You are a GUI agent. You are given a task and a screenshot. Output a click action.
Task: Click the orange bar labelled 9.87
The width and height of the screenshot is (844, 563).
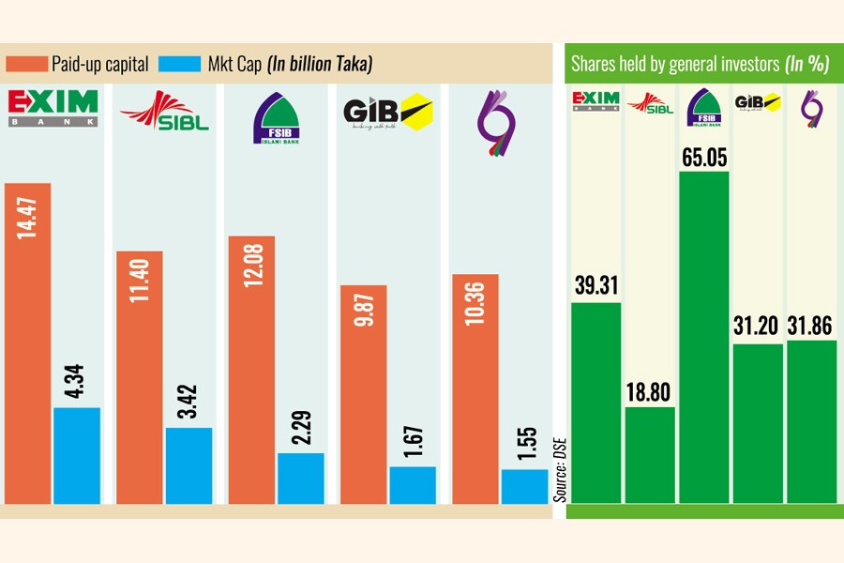pyautogui.click(x=363, y=394)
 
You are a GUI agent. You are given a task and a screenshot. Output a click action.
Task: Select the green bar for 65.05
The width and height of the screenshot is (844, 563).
pyautogui.click(x=703, y=338)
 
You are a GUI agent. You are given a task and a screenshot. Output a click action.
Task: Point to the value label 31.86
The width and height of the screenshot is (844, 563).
pyautogui.click(x=811, y=325)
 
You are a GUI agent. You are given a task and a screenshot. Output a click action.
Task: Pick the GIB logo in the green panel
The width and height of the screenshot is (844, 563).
pyautogui.click(x=758, y=103)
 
